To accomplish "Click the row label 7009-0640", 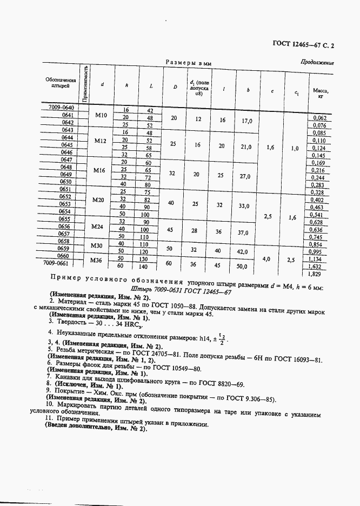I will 60,107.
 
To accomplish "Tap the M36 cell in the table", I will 96,261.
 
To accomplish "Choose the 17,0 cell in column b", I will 246,121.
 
